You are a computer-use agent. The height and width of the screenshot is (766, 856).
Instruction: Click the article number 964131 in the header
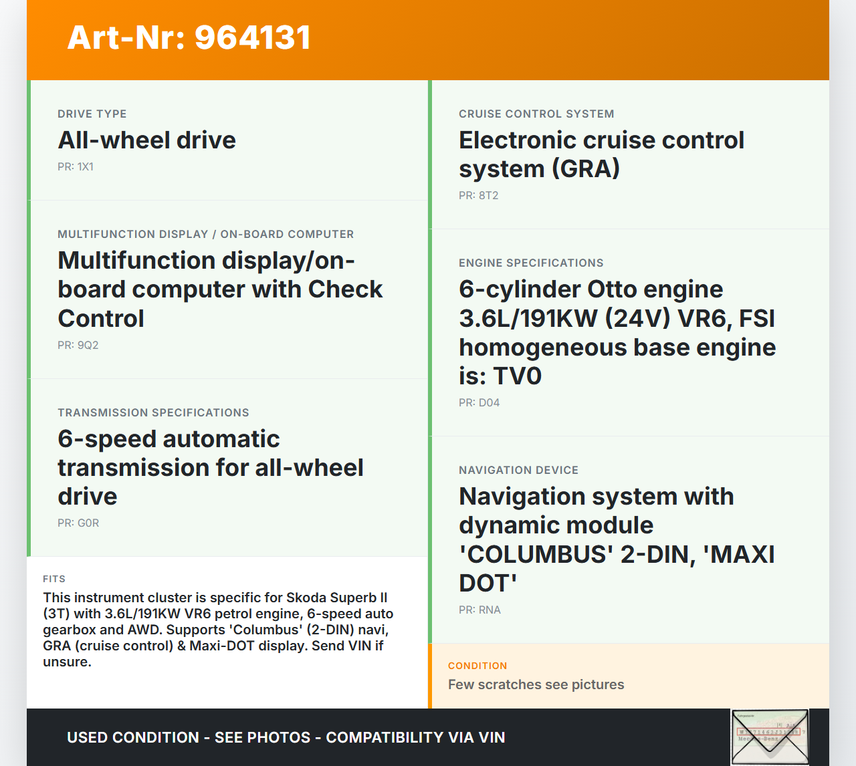click(x=252, y=37)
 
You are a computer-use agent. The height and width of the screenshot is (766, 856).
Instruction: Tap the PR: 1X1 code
click(x=76, y=167)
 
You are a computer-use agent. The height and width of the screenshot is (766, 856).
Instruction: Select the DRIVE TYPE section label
click(x=92, y=114)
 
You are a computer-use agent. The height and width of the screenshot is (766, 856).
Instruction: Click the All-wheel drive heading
click(x=146, y=140)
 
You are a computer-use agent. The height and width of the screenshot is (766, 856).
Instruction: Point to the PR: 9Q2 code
click(x=78, y=345)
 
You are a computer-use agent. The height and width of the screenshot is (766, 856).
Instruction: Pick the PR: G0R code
click(x=78, y=523)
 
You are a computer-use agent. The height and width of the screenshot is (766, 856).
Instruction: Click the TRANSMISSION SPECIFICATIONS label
click(x=153, y=412)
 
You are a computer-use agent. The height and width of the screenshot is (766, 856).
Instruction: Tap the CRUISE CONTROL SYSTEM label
click(x=536, y=114)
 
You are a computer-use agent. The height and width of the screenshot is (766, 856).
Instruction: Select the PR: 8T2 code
click(x=479, y=196)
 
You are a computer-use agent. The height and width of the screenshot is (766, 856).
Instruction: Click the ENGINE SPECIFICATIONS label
click(x=531, y=263)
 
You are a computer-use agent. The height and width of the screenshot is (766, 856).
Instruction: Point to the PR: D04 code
click(x=479, y=402)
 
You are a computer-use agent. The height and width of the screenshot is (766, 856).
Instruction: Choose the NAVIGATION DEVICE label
click(x=518, y=470)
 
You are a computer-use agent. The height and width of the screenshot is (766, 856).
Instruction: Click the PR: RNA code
click(x=479, y=610)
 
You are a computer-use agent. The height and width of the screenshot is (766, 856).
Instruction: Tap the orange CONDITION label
click(x=477, y=666)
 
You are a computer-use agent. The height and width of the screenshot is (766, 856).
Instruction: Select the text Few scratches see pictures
click(x=536, y=684)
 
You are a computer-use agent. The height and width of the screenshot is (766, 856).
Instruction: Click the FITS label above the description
click(x=54, y=579)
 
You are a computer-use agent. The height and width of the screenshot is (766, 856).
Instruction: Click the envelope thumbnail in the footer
click(x=770, y=737)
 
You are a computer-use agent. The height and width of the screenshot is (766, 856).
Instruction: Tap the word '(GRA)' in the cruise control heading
click(x=586, y=168)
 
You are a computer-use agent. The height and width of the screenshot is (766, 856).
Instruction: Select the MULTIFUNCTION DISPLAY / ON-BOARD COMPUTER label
click(x=206, y=235)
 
